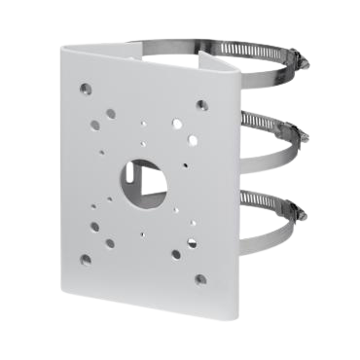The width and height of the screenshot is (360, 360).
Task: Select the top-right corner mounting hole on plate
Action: click(x=201, y=104)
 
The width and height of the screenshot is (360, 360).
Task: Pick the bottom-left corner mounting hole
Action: click(x=87, y=258)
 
